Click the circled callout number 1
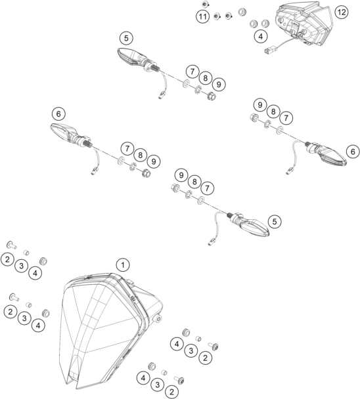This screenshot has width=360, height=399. pyautogui.click(x=122, y=264)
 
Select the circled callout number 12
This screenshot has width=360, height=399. pyautogui.click(x=340, y=12)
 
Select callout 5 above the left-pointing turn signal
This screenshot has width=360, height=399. pyautogui.click(x=127, y=37)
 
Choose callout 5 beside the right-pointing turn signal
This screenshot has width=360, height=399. pyautogui.click(x=275, y=222)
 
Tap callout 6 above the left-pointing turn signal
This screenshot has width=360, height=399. pyautogui.click(x=58, y=114)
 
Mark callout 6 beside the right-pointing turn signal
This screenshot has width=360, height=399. pyautogui.click(x=353, y=152)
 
